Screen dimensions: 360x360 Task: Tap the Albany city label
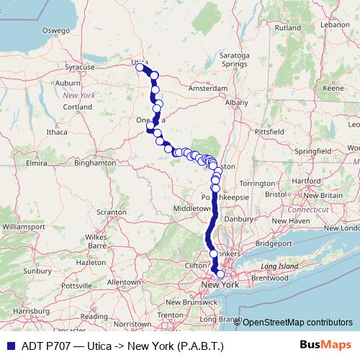[x=236, y=104]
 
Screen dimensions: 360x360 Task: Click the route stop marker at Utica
[x=140, y=68]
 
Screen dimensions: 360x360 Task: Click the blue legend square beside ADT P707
[x=6, y=346]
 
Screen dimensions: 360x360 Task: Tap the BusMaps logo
[x=330, y=346]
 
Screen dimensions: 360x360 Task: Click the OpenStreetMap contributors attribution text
[x=297, y=323]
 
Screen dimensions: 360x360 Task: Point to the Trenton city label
[x=170, y=315]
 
